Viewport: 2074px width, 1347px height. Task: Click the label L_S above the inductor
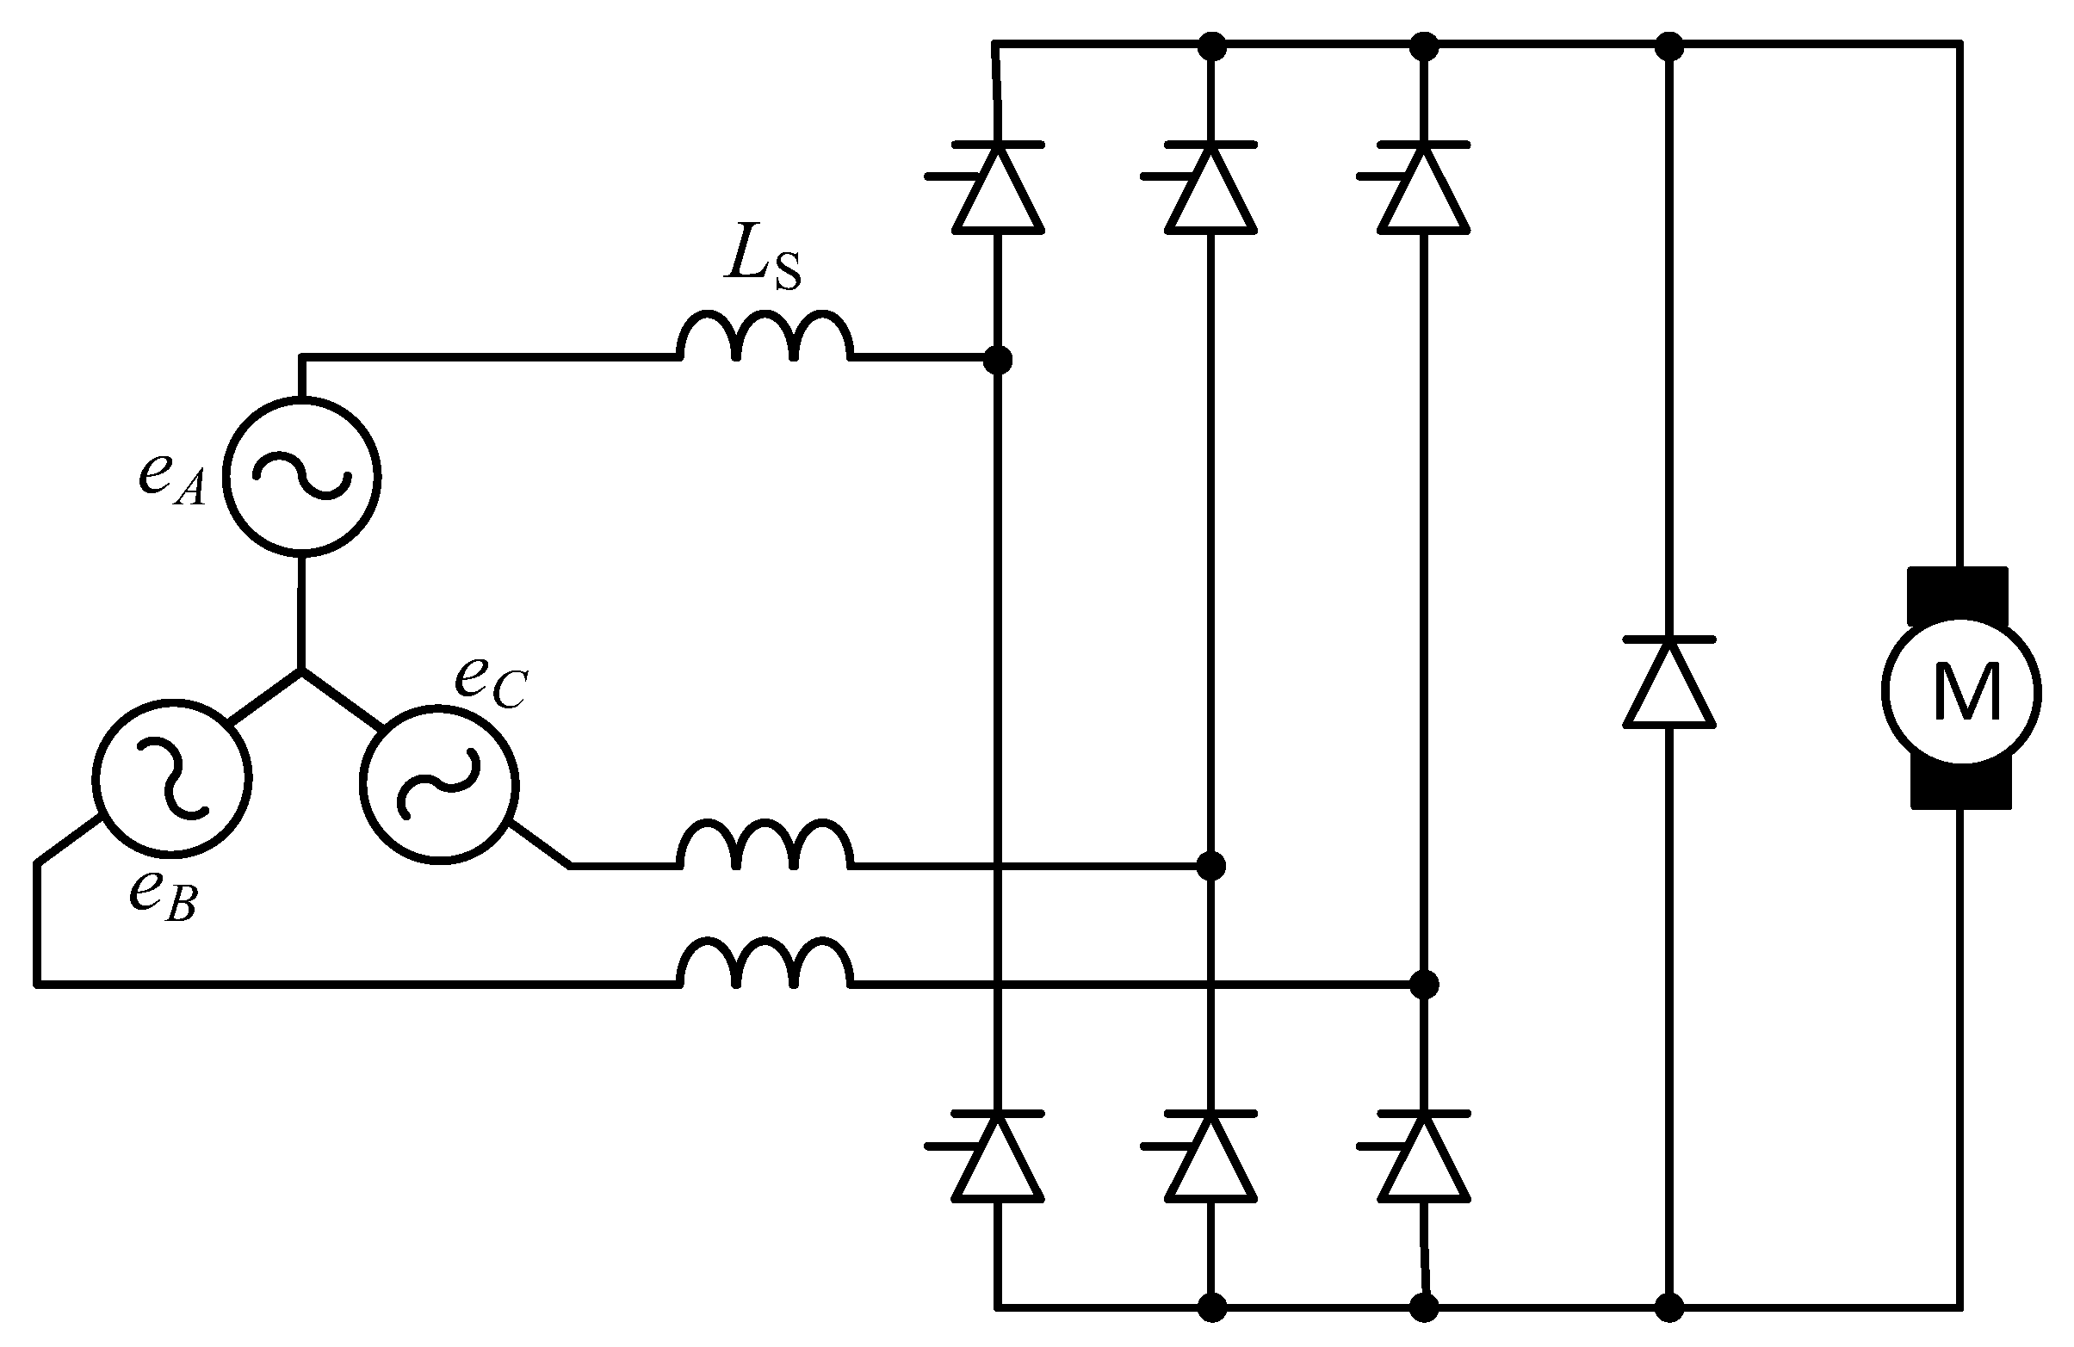tap(762, 259)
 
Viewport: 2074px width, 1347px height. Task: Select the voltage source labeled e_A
tap(300, 476)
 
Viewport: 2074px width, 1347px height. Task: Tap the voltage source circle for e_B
tap(171, 778)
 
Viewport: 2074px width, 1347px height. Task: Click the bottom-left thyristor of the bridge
tap(998, 1157)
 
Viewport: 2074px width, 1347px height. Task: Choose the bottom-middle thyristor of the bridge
tap(1211, 1157)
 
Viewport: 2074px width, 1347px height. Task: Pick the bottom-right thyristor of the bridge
tap(1424, 1157)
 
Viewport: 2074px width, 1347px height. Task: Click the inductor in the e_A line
tap(765, 338)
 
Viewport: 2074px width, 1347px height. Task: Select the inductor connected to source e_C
tap(765, 847)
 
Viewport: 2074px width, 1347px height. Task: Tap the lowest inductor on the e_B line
tap(765, 966)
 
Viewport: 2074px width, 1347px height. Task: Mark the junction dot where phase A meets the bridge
tap(998, 358)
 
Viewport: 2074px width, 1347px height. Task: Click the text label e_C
tap(490, 683)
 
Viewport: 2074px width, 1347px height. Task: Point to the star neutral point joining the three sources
tap(300, 670)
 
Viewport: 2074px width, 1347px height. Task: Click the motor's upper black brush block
tap(1957, 596)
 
